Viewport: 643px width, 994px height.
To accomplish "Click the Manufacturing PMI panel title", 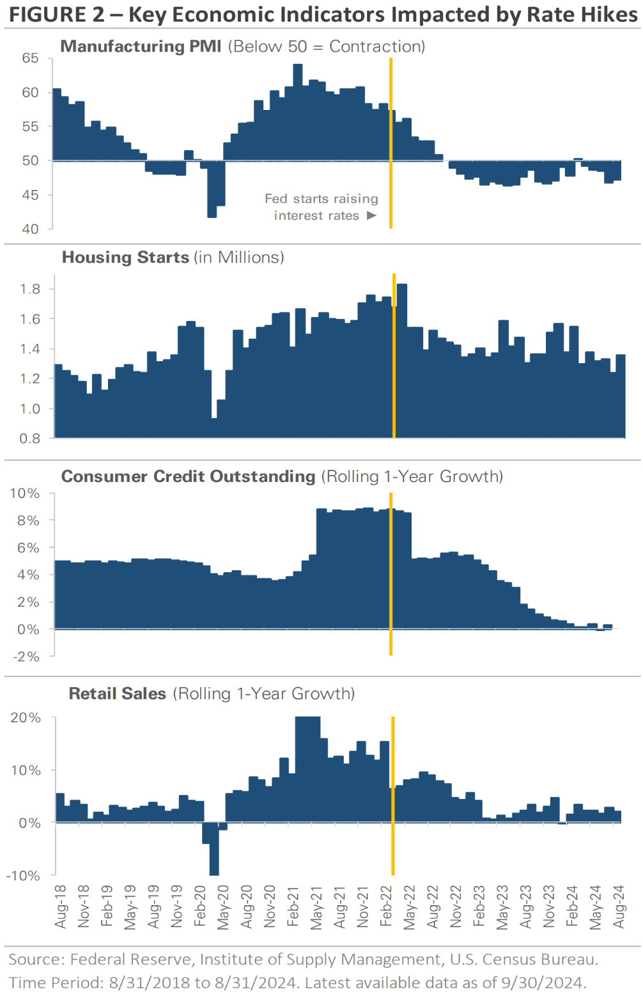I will (141, 47).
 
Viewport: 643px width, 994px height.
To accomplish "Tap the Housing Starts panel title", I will (125, 258).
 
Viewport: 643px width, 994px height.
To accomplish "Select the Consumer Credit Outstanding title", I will (188, 477).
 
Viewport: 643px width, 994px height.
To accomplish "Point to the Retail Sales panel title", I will (117, 694).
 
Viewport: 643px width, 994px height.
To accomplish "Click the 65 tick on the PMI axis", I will (30, 58).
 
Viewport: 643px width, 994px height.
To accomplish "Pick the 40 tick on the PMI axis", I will (30, 229).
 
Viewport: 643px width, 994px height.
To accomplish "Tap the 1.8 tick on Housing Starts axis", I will (30, 289).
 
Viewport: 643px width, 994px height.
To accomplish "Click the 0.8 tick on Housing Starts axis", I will (30, 439).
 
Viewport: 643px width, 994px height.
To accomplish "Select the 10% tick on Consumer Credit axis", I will (25, 493).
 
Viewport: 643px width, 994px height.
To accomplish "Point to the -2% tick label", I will (26, 656).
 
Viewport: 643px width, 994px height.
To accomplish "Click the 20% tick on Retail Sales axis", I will (26, 718).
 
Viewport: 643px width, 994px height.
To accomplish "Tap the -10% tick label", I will (24, 876).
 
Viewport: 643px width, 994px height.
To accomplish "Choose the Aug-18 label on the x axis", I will (61, 906).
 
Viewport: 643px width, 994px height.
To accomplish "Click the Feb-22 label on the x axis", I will (386, 906).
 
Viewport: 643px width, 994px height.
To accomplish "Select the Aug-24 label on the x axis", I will (619, 906).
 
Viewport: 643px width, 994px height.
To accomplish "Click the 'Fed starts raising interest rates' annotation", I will (321, 207).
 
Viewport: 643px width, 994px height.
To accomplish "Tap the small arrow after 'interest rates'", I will (371, 216).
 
